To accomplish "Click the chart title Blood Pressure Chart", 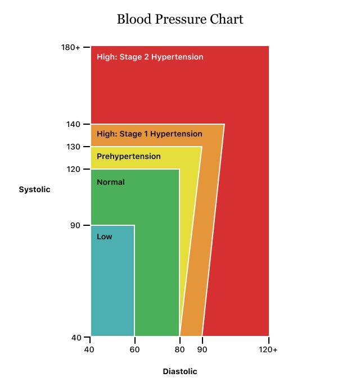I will click(180, 20).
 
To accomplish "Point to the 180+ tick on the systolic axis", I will click(71, 47).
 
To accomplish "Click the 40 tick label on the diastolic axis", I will click(89, 350).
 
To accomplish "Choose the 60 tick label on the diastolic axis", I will click(134, 350).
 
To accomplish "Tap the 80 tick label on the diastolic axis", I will click(179, 350).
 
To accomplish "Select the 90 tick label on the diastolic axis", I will click(202, 350).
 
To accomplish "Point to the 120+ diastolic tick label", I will click(268, 350).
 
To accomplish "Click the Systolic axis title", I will click(35, 189).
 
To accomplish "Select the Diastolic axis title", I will click(180, 371).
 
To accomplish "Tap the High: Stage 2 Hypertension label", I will click(150, 57).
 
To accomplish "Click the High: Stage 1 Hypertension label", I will click(150, 134).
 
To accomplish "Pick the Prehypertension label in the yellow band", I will click(129, 156).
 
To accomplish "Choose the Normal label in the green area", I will click(111, 182).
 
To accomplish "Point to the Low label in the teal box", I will click(105, 237).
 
